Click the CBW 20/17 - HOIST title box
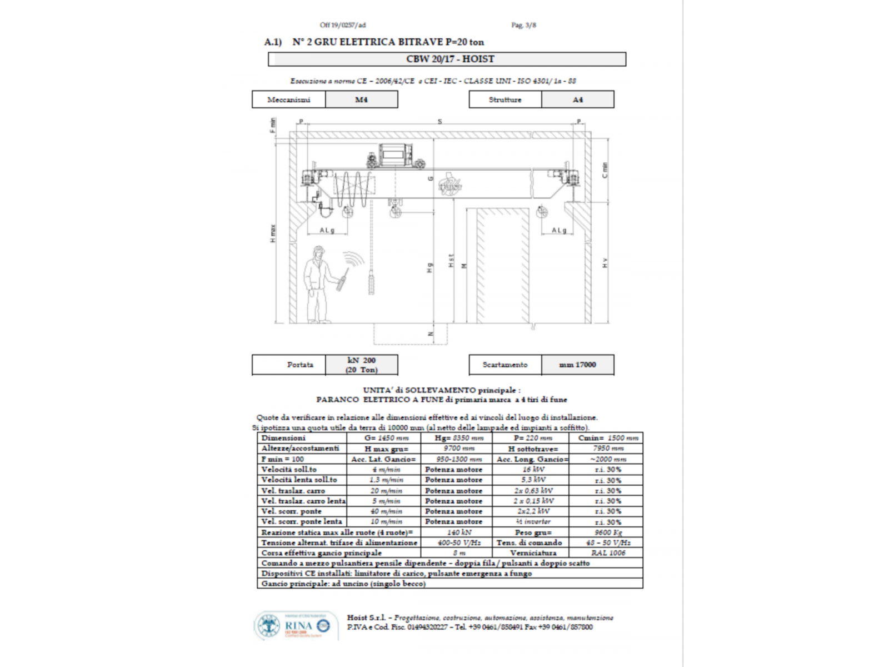(x=447, y=59)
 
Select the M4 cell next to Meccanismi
(x=361, y=99)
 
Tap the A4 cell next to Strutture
(x=577, y=99)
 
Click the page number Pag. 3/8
(x=523, y=25)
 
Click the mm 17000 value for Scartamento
(x=577, y=365)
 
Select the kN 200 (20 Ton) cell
(x=361, y=365)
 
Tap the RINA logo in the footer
(x=296, y=626)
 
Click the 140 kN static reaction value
(x=458, y=532)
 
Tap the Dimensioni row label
(x=283, y=438)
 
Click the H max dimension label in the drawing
(x=273, y=233)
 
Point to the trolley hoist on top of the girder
(x=395, y=155)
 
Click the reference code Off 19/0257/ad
(x=343, y=25)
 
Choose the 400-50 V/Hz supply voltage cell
(x=458, y=542)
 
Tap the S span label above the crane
(x=439, y=121)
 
